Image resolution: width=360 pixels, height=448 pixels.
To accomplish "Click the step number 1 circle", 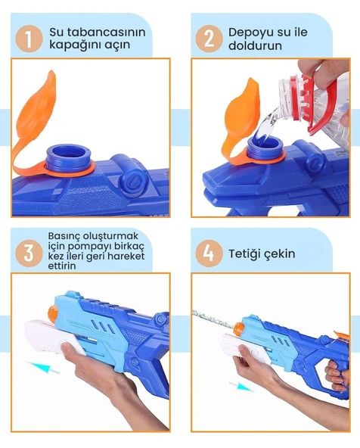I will click(29, 39).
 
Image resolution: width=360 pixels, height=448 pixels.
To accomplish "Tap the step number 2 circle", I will click(209, 39).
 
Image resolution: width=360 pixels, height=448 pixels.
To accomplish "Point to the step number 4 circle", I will click(209, 253).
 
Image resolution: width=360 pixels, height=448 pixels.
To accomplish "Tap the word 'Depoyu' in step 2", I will click(247, 33).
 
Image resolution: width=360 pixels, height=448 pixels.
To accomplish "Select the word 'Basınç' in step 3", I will click(66, 235).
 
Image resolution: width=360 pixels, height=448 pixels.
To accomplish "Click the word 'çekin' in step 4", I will click(281, 253).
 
